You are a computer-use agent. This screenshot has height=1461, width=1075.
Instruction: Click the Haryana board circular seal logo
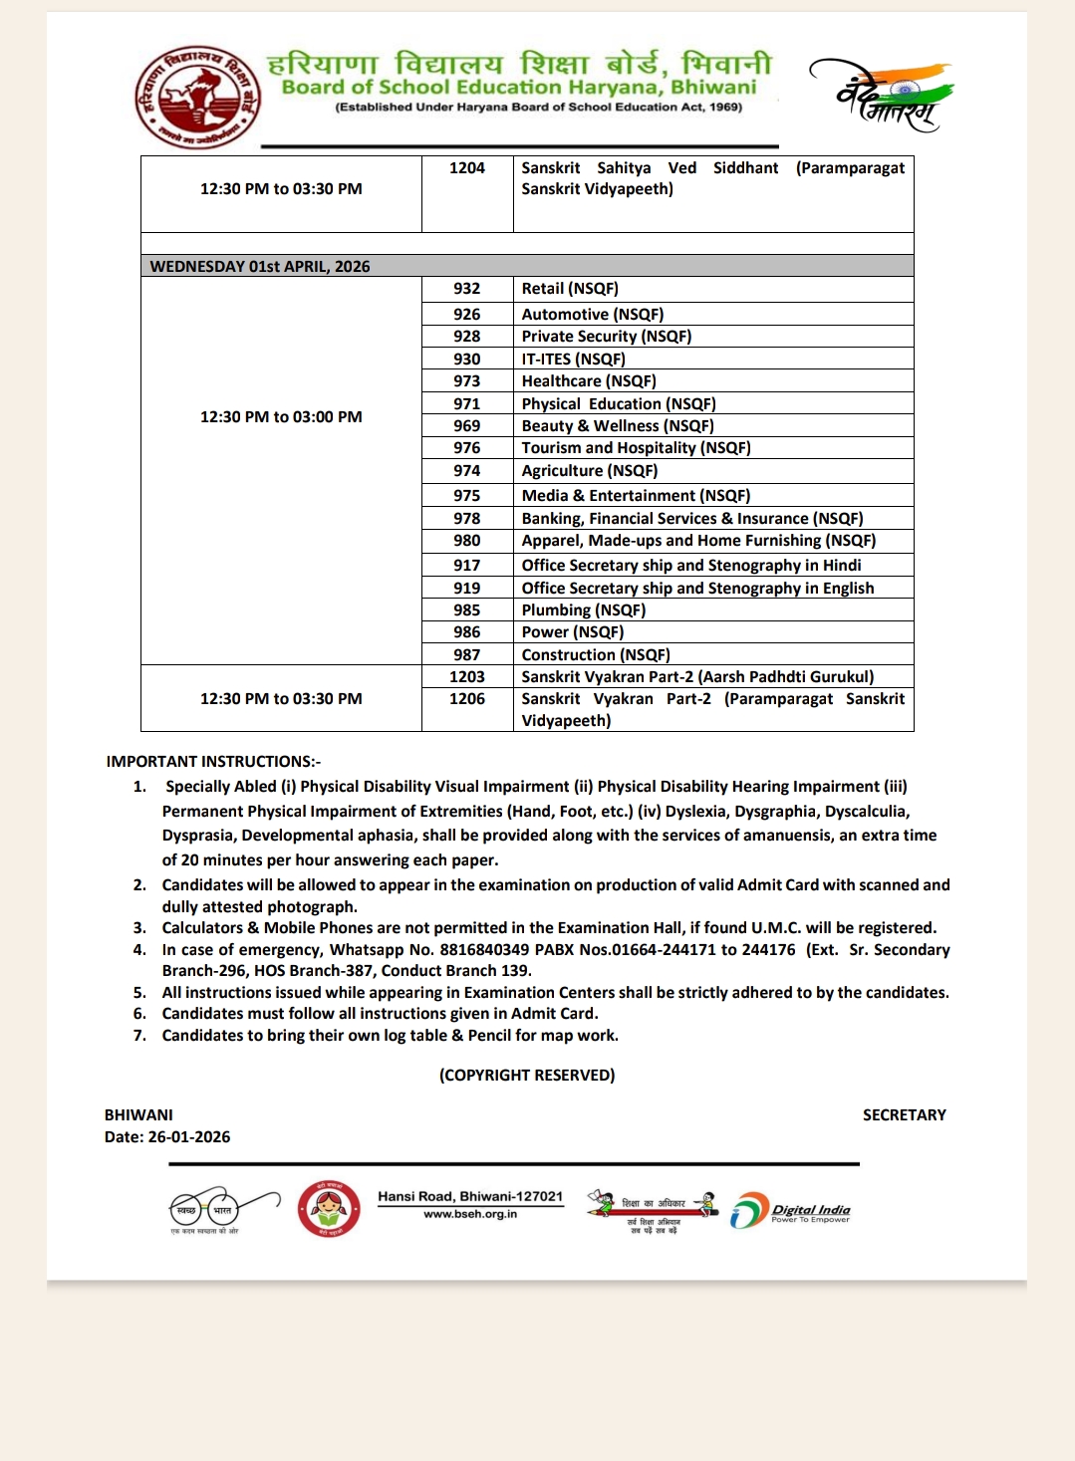pos(198,98)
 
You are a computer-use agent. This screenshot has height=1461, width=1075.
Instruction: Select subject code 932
pos(466,289)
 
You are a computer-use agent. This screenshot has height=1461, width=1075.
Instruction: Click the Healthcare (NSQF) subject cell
pos(589,381)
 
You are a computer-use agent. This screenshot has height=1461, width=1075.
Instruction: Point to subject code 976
pos(466,448)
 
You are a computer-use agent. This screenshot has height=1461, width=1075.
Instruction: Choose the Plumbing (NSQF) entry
pos(584,610)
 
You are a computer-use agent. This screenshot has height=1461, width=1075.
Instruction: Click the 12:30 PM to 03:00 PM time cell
pos(281,417)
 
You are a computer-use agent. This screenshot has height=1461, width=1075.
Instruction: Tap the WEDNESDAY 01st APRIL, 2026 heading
pos(260,267)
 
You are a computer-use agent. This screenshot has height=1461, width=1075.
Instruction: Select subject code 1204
pos(466,168)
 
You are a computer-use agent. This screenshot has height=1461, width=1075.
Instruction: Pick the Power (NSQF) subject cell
pos(573,632)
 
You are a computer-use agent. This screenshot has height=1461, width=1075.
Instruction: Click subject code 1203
pos(466,677)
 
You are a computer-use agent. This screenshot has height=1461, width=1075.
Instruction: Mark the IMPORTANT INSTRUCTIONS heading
pos(213,762)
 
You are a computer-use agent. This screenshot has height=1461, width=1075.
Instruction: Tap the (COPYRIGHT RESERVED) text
pos(527,1076)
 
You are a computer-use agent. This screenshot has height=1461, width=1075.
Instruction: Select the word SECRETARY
pos(904,1115)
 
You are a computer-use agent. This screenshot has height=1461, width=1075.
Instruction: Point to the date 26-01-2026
pos(189,1137)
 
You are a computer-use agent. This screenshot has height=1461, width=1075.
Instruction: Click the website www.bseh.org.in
pos(470,1214)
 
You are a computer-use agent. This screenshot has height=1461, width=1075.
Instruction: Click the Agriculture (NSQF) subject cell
pos(590,471)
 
